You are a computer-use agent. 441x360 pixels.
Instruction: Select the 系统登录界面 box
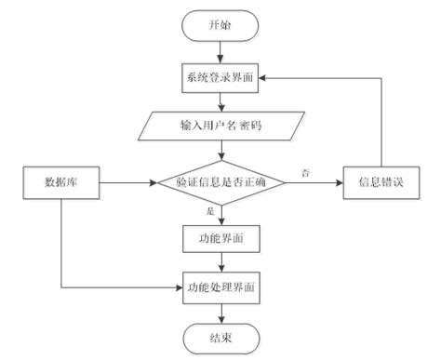[x=220, y=78]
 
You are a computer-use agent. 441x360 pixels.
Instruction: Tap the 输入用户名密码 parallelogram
[x=220, y=125]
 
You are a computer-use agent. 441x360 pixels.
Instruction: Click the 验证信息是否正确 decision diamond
[x=220, y=182]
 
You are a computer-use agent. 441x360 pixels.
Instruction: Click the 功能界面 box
[x=220, y=238]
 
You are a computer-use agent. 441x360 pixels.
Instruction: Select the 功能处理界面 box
[x=220, y=288]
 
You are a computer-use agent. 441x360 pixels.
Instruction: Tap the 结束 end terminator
[x=220, y=338]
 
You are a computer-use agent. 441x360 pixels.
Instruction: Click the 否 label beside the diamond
[x=306, y=172]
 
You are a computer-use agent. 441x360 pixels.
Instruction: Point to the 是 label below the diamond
[x=209, y=212]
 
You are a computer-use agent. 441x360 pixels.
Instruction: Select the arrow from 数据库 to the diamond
[x=126, y=182]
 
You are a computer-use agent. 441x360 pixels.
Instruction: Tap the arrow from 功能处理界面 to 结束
[x=220, y=313]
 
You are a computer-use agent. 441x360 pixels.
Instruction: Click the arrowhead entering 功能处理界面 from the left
[x=178, y=288]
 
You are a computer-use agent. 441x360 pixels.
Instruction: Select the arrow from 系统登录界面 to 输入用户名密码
[x=220, y=101]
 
